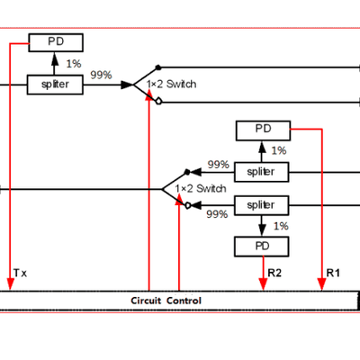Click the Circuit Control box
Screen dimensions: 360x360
click(166, 300)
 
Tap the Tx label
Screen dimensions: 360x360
click(20, 271)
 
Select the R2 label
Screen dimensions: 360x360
click(275, 271)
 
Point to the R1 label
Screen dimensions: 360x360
click(332, 271)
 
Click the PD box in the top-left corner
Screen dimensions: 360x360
click(55, 42)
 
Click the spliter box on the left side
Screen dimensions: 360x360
click(55, 84)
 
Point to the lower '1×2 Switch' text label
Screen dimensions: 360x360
click(200, 189)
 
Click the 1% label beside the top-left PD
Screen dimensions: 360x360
click(75, 64)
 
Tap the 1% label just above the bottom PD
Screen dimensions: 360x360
click(282, 225)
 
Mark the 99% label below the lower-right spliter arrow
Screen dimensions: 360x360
click(217, 214)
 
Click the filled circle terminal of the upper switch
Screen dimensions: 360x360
click(158, 67)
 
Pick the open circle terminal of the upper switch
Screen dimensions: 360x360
click(158, 102)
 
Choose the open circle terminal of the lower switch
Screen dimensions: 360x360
click(188, 206)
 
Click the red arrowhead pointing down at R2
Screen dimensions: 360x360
click(263, 285)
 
